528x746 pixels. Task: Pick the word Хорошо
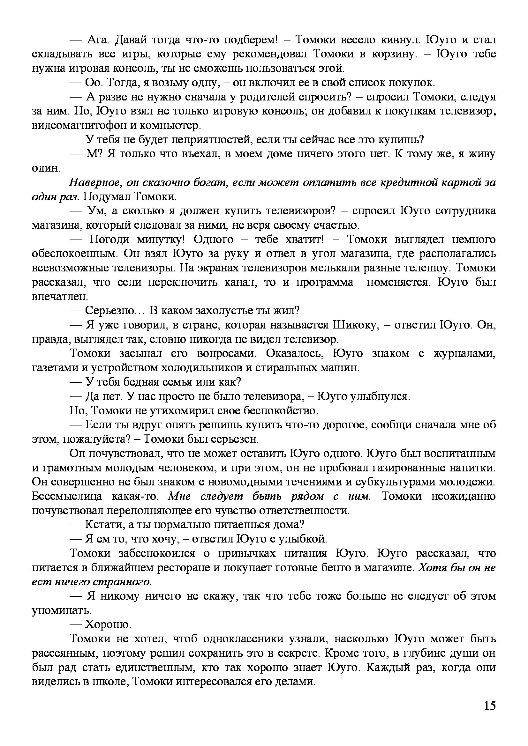(108, 624)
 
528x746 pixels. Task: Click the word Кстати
(103, 525)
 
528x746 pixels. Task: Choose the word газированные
(408, 468)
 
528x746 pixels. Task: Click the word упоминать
(61, 610)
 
